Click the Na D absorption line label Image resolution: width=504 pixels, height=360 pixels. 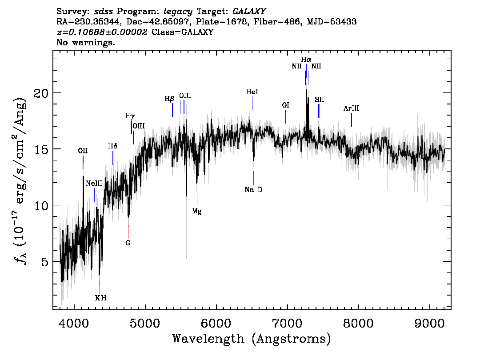tap(253, 190)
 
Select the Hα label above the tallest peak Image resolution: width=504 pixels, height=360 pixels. tap(306, 59)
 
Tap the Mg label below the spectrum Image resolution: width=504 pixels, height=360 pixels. tap(196, 212)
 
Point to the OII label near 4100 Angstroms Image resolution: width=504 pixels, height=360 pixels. tap(83, 151)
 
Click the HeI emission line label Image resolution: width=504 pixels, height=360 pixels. tap(252, 92)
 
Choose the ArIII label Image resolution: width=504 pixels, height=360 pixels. tap(351, 108)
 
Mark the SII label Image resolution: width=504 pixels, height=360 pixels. tap(319, 100)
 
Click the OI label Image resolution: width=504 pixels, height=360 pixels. tap(286, 105)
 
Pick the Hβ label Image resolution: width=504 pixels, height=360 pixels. tap(169, 99)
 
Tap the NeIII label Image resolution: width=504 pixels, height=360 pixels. tap(94, 183)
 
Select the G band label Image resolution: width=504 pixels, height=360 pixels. tap(128, 243)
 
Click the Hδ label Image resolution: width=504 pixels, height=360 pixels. tap(112, 146)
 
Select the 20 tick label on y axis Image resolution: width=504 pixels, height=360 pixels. tap(41, 93)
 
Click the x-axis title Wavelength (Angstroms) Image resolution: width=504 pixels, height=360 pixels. tap(252, 339)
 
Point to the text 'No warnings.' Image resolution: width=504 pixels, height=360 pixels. tap(86, 43)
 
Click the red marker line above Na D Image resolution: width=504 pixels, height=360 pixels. tap(253, 178)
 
